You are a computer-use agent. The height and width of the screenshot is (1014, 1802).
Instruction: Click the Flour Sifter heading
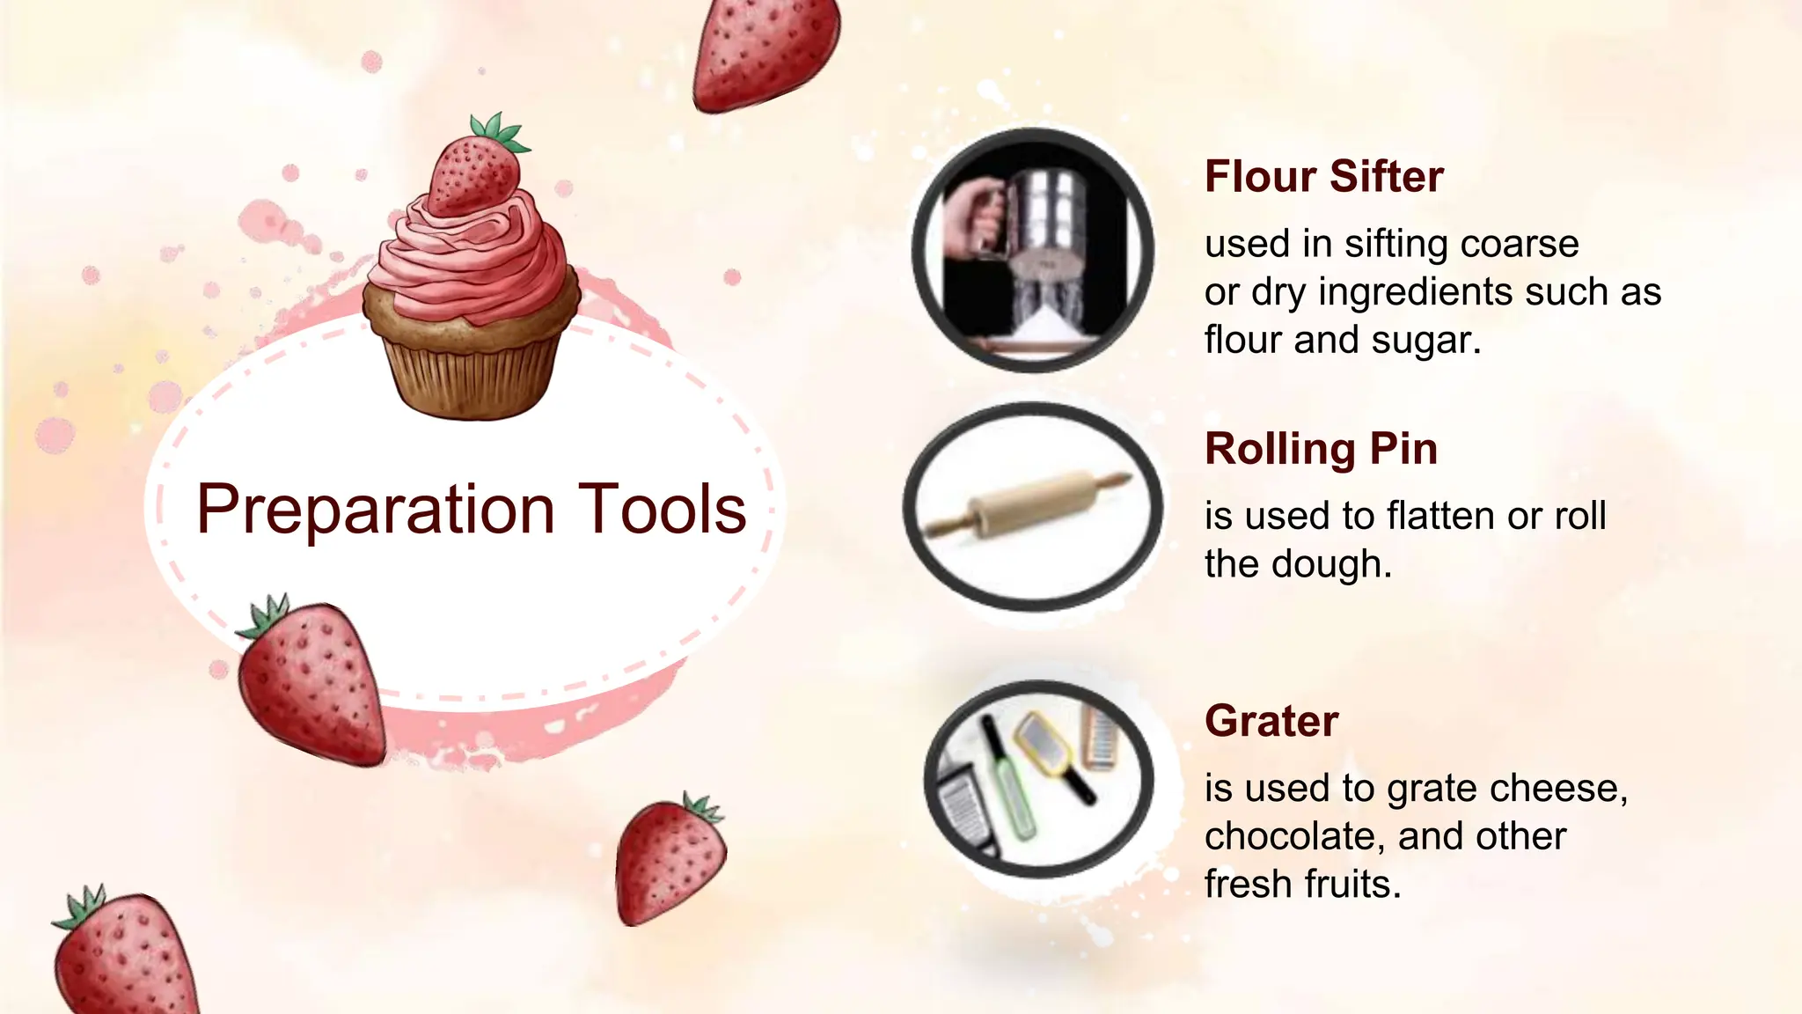[x=1323, y=176]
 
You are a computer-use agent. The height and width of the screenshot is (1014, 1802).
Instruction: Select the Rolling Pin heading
[x=1321, y=449]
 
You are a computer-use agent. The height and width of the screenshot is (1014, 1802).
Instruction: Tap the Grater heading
[x=1271, y=721]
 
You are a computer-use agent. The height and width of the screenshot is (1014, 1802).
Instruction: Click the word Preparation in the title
[x=375, y=510]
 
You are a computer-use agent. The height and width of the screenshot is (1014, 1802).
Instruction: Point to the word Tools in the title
[x=662, y=510]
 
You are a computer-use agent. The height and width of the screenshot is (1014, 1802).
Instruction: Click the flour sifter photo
[x=1033, y=250]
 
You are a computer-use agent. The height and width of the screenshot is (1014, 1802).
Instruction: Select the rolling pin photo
[x=1033, y=506]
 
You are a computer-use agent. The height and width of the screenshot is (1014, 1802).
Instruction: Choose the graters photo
[x=1038, y=780]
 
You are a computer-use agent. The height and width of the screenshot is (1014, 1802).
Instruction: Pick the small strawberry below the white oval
[x=670, y=861]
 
